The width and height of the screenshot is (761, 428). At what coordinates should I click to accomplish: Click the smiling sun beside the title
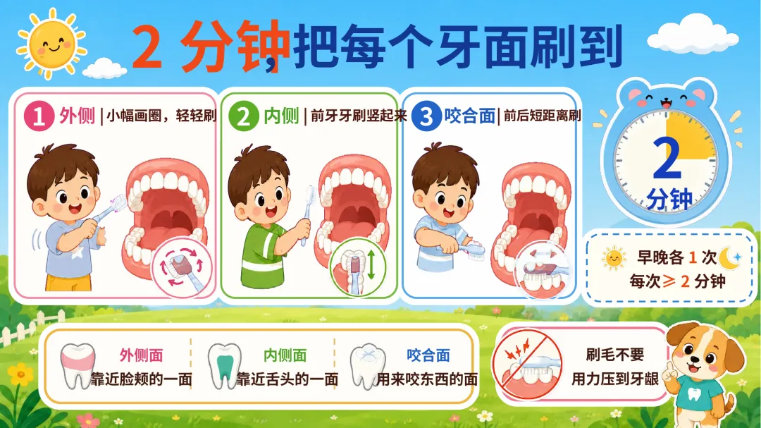[51, 44]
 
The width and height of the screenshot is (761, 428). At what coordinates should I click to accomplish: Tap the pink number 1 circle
[38, 116]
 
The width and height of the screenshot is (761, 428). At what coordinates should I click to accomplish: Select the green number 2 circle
[243, 116]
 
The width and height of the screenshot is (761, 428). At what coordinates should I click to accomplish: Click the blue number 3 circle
[426, 116]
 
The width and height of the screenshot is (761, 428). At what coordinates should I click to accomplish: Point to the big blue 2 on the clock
[667, 157]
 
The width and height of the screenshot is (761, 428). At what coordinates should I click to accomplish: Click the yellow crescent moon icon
[729, 257]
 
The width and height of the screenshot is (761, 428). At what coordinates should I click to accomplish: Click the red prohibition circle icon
[527, 365]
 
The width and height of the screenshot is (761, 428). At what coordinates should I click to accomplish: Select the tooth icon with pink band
[78, 365]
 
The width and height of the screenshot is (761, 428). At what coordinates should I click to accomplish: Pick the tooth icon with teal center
[224, 366]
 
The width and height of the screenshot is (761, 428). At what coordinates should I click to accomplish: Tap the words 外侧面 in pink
[141, 355]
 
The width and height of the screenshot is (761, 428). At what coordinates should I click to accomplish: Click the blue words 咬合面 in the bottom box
[428, 355]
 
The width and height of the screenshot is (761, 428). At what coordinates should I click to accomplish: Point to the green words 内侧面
[285, 355]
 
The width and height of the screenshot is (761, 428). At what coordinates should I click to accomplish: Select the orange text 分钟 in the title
[235, 47]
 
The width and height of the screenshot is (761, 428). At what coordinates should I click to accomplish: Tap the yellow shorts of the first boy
[68, 282]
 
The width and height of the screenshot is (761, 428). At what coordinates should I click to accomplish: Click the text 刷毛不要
[615, 355]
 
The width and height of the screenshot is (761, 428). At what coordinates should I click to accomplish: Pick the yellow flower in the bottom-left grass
[20, 375]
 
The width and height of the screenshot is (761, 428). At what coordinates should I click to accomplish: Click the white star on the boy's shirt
[77, 252]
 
